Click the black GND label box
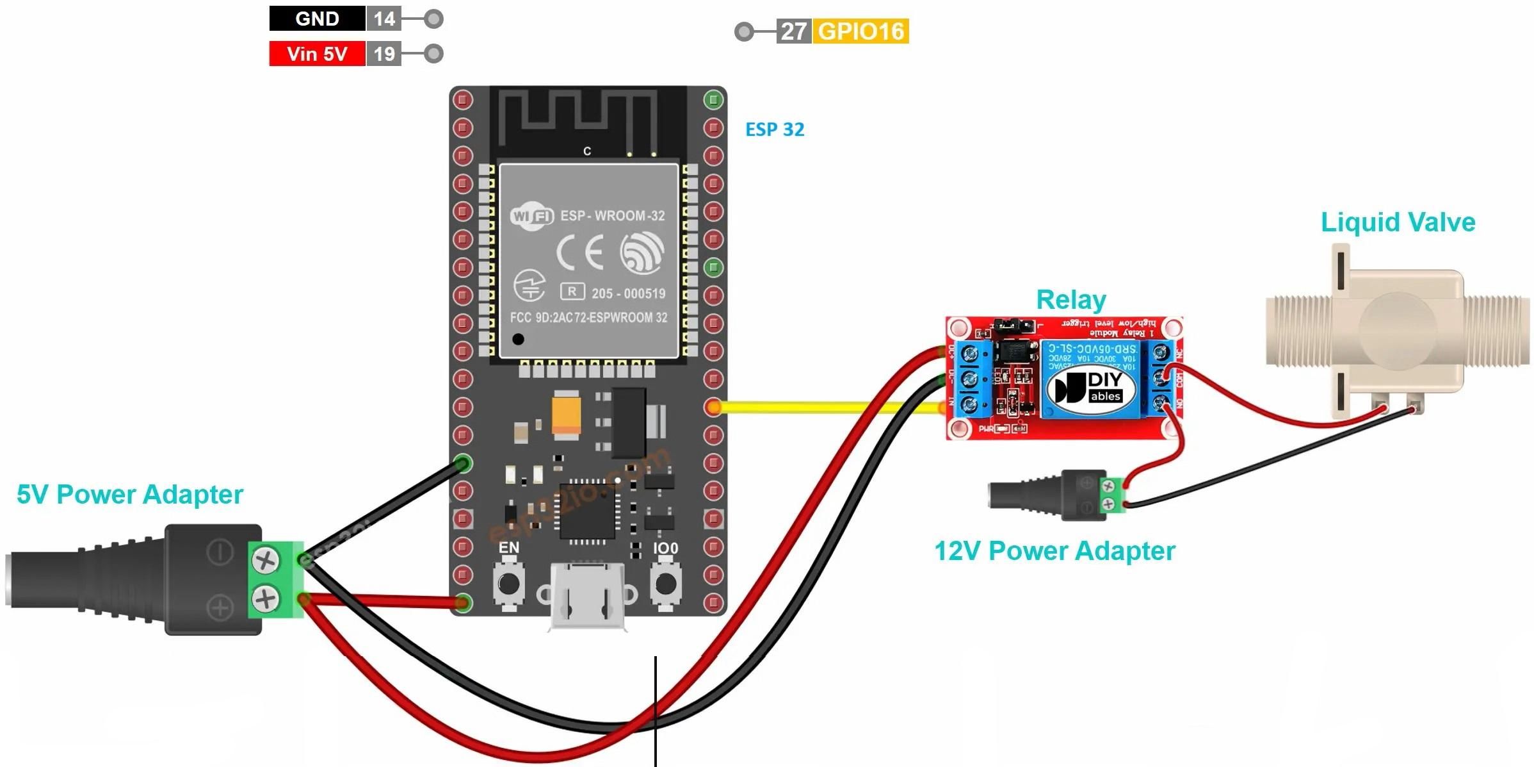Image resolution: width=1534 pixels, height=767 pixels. pyautogui.click(x=317, y=19)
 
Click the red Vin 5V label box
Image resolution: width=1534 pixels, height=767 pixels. pyautogui.click(x=317, y=54)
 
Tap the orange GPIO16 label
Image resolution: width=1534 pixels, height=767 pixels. pyautogui.click(x=860, y=31)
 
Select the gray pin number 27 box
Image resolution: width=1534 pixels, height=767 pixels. pyautogui.click(x=793, y=31)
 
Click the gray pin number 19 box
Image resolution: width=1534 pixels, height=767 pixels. pyautogui.click(x=384, y=54)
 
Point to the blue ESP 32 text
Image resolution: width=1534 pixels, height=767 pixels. pyautogui.click(x=775, y=129)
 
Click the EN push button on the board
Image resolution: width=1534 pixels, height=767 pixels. pyautogui.click(x=509, y=584)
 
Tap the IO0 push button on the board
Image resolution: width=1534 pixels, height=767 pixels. pyautogui.click(x=666, y=584)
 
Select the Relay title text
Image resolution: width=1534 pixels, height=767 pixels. pyautogui.click(x=1071, y=300)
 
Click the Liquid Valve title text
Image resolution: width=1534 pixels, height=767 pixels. pyautogui.click(x=1398, y=222)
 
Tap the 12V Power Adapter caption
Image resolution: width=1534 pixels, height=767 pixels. pyautogui.click(x=1054, y=551)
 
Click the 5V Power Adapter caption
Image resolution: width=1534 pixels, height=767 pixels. pyautogui.click(x=130, y=495)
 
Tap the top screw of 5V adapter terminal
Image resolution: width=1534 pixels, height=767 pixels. pyautogui.click(x=265, y=561)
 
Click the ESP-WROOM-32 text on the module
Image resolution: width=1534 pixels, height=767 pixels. pyautogui.click(x=612, y=216)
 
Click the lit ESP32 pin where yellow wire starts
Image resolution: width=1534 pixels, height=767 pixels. pyautogui.click(x=713, y=407)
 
